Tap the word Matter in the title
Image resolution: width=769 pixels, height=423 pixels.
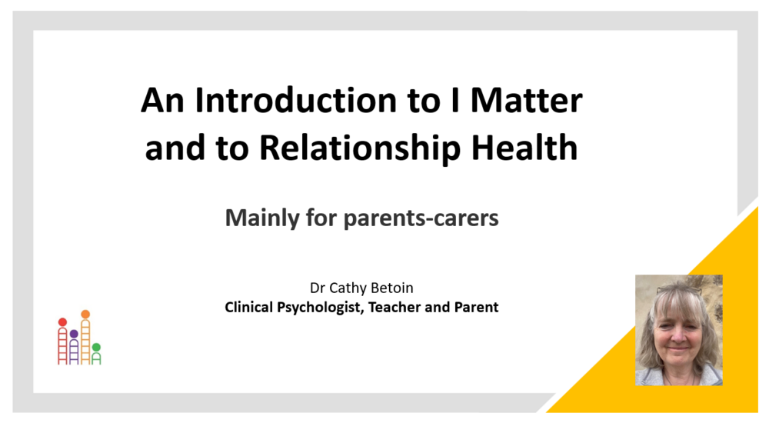point(526,101)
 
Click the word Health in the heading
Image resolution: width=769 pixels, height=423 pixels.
point(524,147)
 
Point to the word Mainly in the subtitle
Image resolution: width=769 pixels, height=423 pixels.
point(262,218)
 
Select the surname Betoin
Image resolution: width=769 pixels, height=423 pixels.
point(392,288)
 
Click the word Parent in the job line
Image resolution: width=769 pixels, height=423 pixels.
point(476,307)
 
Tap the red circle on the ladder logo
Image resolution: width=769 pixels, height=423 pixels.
point(62,322)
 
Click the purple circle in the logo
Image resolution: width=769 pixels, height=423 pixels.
point(74,334)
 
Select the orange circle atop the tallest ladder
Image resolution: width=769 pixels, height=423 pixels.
point(85,314)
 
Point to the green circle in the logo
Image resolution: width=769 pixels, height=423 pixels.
point(96,348)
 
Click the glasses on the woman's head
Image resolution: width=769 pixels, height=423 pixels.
point(677,289)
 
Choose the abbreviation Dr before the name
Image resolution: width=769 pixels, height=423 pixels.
point(318,288)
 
